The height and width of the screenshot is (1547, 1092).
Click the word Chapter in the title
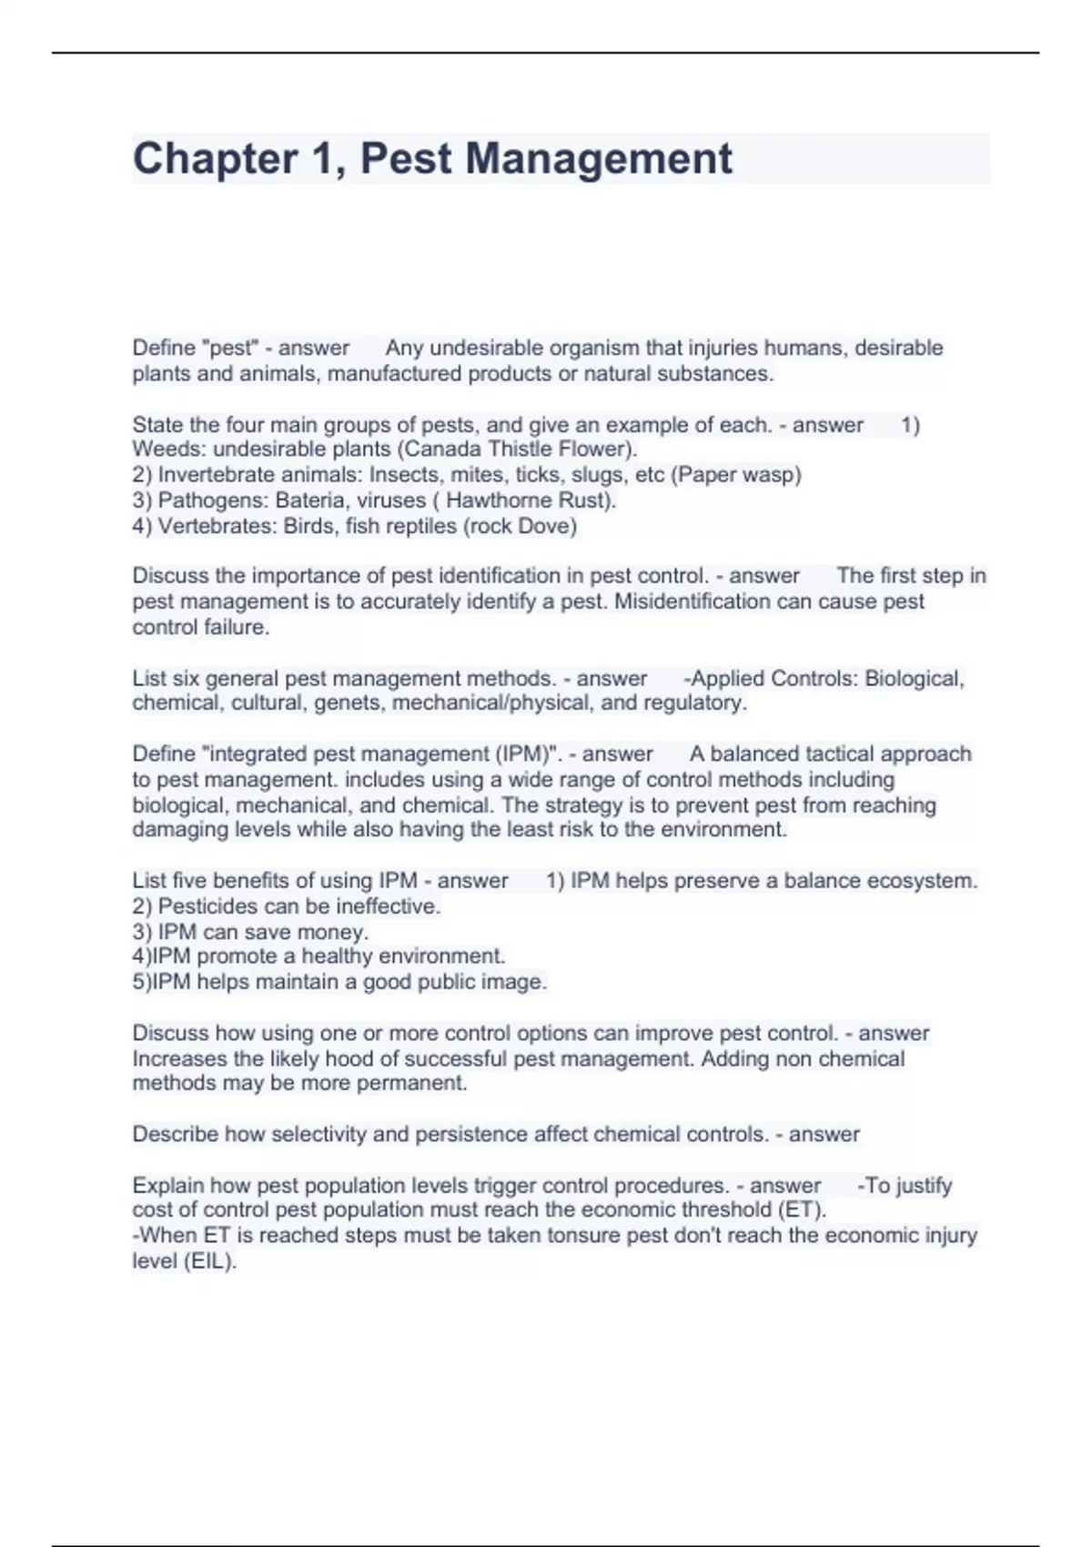click(215, 158)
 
